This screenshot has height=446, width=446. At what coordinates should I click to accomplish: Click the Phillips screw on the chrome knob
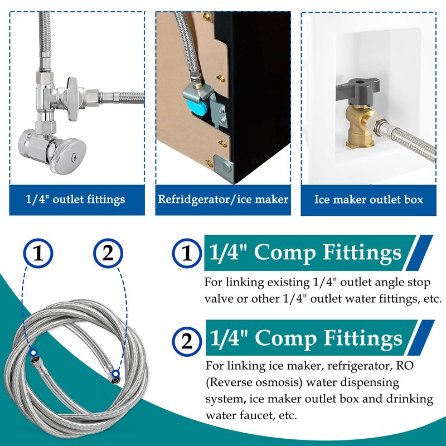[x=74, y=156]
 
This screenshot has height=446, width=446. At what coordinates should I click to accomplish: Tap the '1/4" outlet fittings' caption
[x=75, y=200]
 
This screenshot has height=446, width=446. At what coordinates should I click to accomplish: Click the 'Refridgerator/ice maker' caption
[x=223, y=199]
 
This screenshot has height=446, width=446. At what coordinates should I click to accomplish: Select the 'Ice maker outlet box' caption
[x=369, y=200]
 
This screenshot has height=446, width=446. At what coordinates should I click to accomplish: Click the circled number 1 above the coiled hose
[x=38, y=253]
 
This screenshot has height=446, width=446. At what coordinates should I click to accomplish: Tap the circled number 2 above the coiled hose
[x=108, y=253]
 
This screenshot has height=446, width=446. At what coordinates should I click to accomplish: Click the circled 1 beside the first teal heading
[x=187, y=253]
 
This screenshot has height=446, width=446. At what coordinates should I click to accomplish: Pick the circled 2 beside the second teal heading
[x=187, y=341]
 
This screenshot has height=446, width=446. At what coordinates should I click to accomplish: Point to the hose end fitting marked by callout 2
[x=113, y=376]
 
